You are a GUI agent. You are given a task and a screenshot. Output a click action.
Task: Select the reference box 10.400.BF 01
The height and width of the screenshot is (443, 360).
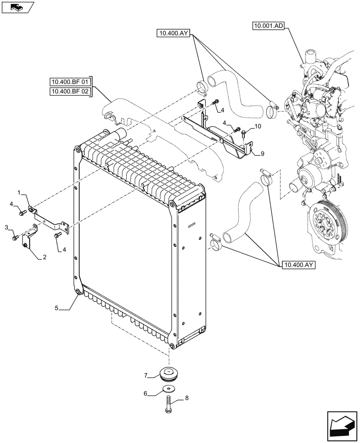click(70, 82)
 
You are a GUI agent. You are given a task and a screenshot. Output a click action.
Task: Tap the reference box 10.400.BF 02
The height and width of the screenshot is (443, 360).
click(70, 92)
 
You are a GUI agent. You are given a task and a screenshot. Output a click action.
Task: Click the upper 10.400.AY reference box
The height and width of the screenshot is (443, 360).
click(174, 33)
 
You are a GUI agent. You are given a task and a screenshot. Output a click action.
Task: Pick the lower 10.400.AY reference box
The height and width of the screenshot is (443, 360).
click(297, 265)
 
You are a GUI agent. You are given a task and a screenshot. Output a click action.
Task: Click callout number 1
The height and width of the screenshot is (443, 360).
click(20, 193)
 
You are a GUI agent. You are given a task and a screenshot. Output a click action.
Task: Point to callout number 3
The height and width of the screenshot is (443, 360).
click(7, 227)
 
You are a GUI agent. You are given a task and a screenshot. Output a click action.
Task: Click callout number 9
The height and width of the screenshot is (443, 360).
click(262, 153)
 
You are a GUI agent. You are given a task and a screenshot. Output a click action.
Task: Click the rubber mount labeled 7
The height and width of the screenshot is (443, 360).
click(169, 373)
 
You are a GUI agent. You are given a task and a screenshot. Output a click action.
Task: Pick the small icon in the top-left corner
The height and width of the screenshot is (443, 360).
click(17, 7)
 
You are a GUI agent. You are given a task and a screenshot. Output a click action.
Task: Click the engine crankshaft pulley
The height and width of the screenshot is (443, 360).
click(324, 220)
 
